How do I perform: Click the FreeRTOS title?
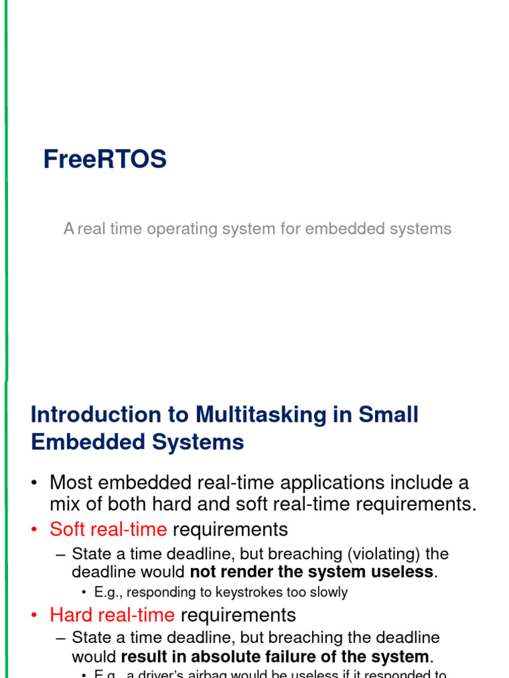point(105,160)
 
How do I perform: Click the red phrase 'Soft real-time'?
point(108,530)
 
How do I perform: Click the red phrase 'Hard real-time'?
point(112,615)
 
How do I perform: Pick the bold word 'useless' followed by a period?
point(400,572)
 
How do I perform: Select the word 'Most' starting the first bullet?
point(70,483)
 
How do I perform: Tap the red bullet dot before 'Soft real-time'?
point(34,530)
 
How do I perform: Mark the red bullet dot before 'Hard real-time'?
point(34,616)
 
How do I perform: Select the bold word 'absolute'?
point(241,657)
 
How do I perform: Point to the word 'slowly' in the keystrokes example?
point(327,593)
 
